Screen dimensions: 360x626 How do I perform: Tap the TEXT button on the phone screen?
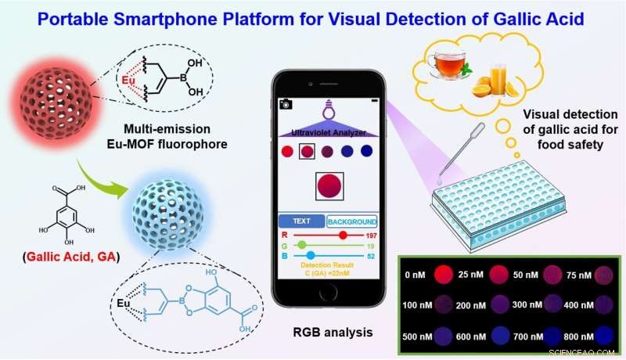pos(302,221)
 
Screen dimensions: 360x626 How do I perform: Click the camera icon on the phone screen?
pos(285,103)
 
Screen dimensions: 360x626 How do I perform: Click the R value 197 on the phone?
pos(372,235)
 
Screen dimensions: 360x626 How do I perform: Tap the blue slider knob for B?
pos(310,255)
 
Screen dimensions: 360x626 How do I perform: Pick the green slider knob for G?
pos(302,245)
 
